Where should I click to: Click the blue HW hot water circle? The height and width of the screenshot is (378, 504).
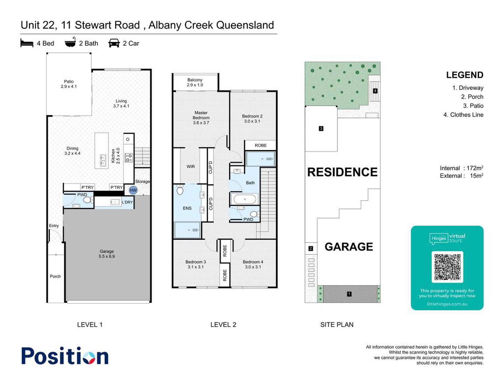[x=133, y=190]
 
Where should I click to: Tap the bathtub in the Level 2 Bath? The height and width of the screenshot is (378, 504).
[x=245, y=199]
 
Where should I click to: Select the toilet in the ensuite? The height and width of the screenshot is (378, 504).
[x=180, y=190]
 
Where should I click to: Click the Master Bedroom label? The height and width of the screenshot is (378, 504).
[x=201, y=118]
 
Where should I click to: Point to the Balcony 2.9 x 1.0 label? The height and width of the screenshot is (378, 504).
[x=195, y=82]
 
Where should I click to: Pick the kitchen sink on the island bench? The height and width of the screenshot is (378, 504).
[x=103, y=160]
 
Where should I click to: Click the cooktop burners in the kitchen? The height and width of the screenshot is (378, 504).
[x=129, y=157]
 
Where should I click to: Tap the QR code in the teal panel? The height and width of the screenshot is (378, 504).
[x=447, y=267]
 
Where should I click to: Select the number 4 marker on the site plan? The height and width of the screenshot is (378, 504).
[x=375, y=91]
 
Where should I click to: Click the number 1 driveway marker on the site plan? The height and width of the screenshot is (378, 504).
[x=349, y=294]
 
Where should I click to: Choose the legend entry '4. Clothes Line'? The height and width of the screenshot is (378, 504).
[x=463, y=115]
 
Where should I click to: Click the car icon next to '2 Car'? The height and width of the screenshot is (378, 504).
[x=114, y=43]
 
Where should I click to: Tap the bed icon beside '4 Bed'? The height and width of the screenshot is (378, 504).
[x=27, y=43]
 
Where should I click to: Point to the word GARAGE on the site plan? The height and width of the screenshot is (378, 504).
[x=349, y=247]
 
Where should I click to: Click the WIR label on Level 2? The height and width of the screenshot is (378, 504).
[x=191, y=166]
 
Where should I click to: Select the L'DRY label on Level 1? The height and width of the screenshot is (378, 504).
[x=127, y=202]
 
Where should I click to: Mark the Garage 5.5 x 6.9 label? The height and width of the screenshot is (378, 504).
[x=107, y=254]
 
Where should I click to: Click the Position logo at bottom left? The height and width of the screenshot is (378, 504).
[x=65, y=356]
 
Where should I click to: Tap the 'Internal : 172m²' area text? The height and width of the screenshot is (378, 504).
[x=461, y=168]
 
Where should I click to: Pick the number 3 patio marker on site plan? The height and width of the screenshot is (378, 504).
[x=321, y=129]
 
